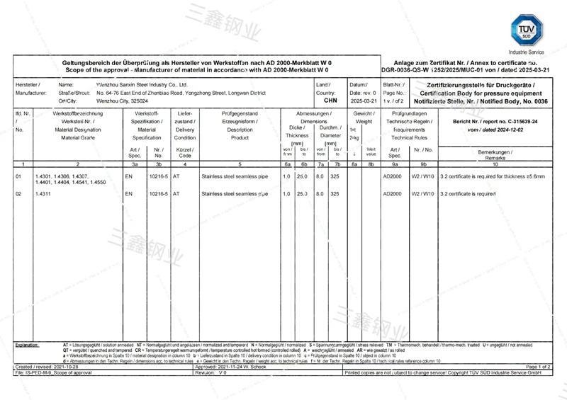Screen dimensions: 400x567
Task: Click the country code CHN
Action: click(x=330, y=101)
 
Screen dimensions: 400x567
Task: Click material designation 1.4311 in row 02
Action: click(x=43, y=193)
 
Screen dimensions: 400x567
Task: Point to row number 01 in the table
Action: click(x=18, y=175)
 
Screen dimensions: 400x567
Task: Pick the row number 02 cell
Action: click(x=18, y=193)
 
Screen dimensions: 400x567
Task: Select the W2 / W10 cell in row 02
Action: click(x=422, y=193)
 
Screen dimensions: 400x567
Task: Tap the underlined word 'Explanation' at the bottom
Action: click(x=29, y=344)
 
